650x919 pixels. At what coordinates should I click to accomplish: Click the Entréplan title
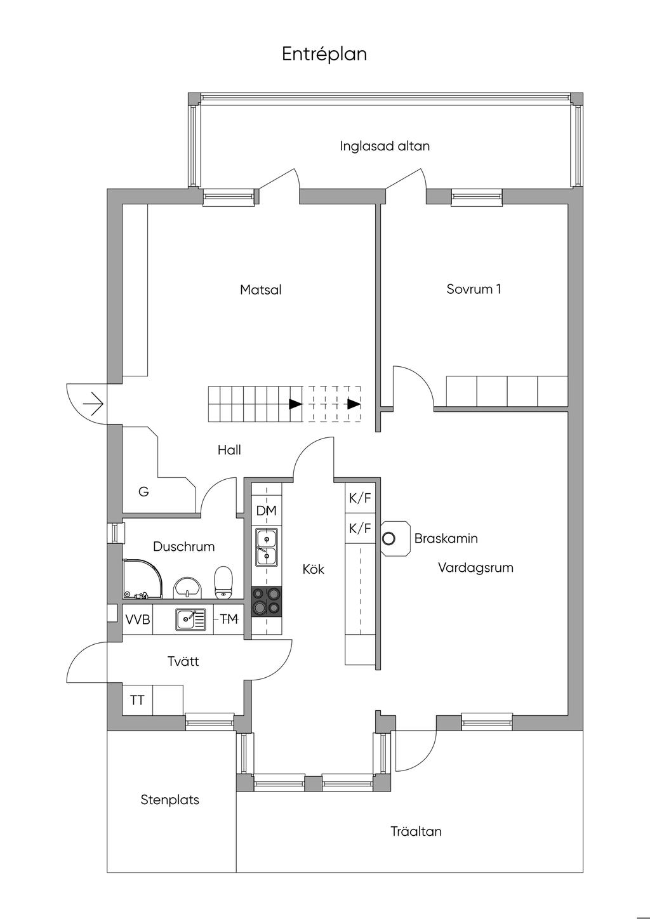pos(324,55)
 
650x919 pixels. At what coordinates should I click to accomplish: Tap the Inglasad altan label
pos(385,146)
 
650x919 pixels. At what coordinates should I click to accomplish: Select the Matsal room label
pos(260,290)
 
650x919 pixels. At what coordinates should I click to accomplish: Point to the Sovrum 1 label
pos(474,289)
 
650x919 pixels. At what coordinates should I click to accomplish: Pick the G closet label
pos(143,492)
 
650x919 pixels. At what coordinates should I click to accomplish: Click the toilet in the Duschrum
pos(223,582)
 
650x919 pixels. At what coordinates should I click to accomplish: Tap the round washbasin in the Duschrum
pos(187,587)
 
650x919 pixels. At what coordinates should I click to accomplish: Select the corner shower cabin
pos(145,578)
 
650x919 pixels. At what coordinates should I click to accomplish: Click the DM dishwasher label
pos(266,511)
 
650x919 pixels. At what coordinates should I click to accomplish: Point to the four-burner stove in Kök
pos(267,601)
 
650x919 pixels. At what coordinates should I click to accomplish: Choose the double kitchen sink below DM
pos(267,546)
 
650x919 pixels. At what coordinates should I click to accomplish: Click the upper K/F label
pos(360,499)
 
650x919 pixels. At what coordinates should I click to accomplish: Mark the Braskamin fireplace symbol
pos(389,539)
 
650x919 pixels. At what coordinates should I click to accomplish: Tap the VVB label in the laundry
pos(138,620)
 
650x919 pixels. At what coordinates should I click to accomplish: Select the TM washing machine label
pos(229,619)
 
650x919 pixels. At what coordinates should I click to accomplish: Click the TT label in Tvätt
pos(137,701)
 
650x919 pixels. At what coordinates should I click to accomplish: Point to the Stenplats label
pos(170,800)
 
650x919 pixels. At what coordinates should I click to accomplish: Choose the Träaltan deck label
pos(416,831)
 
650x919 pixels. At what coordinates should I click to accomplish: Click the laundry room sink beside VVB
pos(189,619)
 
